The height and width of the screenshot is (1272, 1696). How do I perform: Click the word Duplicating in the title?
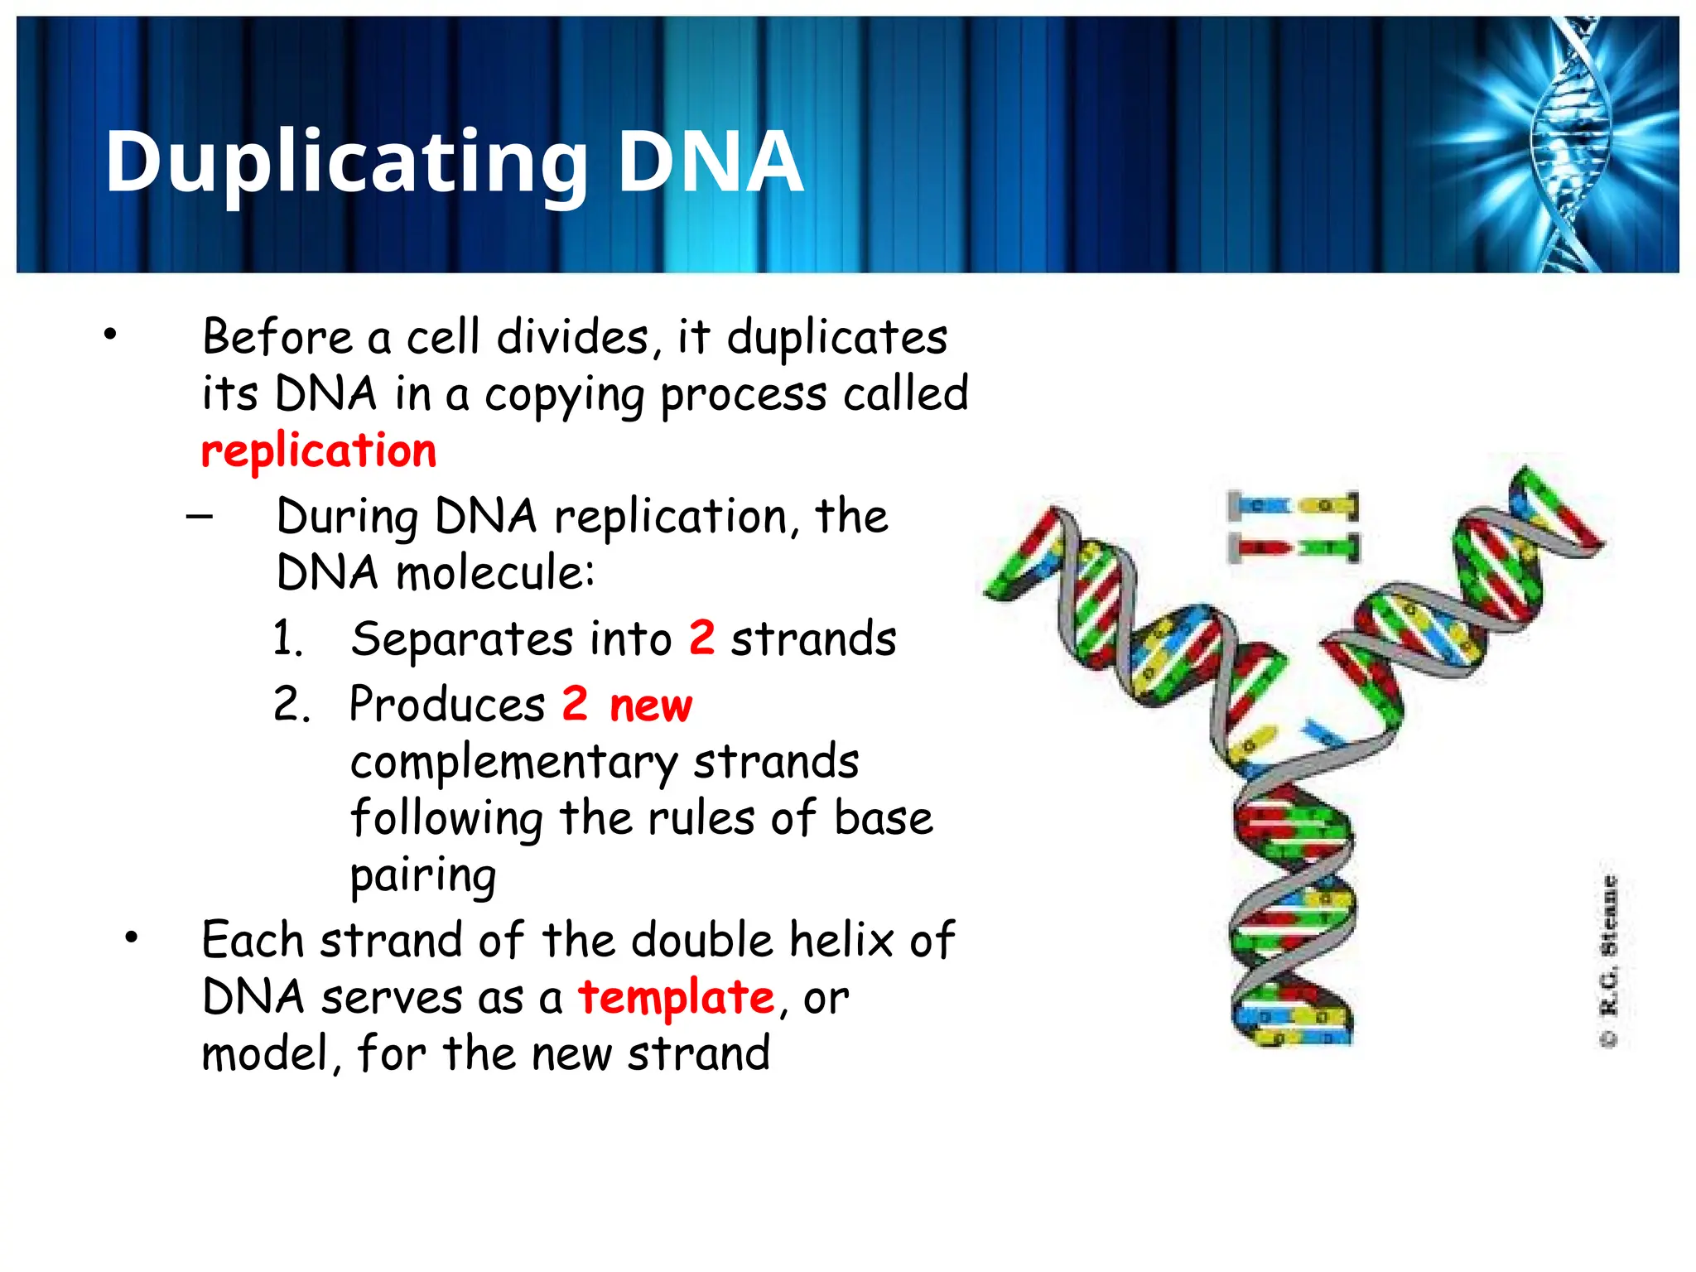click(x=346, y=162)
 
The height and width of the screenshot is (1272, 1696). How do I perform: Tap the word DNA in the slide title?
click(x=710, y=162)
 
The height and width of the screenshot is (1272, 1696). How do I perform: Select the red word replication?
click(x=319, y=451)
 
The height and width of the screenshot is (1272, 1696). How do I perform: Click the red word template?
click(x=676, y=997)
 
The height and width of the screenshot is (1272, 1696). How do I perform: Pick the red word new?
click(x=650, y=706)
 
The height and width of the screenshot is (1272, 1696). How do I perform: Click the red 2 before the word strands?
click(x=701, y=638)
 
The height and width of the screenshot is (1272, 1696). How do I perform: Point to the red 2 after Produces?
click(x=575, y=704)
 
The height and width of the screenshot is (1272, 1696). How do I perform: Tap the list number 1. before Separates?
click(x=288, y=639)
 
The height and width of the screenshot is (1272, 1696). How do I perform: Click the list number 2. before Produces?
click(x=291, y=706)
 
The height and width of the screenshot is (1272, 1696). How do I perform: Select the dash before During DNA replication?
click(x=200, y=518)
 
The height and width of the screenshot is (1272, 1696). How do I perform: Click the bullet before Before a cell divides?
click(x=110, y=335)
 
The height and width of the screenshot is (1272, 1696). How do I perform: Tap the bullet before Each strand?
click(x=131, y=937)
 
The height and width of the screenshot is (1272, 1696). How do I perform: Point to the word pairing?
click(x=422, y=876)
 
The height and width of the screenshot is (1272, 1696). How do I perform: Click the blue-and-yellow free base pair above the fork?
click(x=1293, y=505)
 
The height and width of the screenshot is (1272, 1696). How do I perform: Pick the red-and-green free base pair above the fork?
click(x=1293, y=547)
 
